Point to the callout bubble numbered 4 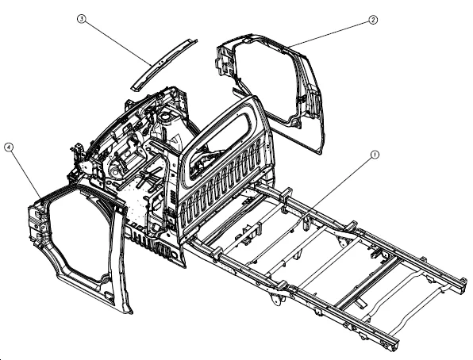pos(8,147)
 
